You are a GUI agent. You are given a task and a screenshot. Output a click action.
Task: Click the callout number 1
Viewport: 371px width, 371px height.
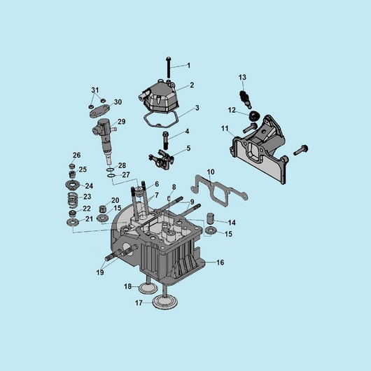point(188,65)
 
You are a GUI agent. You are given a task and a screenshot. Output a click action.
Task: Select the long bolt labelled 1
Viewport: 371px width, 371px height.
point(169,68)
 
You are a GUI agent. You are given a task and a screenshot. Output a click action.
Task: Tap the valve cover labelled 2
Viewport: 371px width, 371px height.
point(159,97)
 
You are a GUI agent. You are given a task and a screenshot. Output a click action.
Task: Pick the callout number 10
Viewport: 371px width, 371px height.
point(211,171)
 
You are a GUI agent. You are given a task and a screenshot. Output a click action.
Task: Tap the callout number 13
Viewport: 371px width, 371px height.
point(242,78)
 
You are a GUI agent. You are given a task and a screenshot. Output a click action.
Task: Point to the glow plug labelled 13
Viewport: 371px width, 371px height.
point(245,99)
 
